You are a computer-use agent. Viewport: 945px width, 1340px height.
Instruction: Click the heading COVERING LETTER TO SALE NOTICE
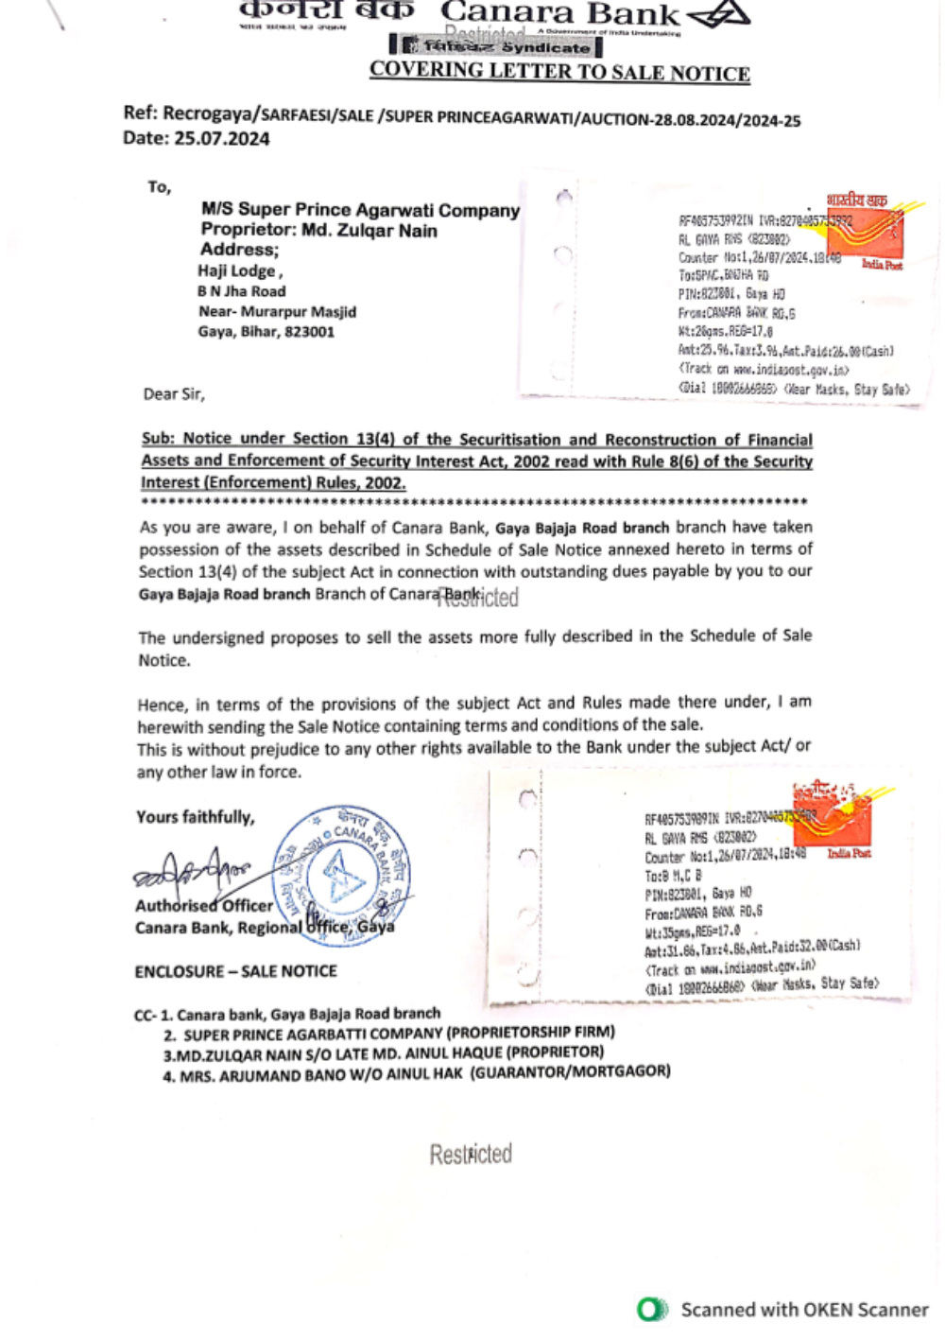(x=559, y=72)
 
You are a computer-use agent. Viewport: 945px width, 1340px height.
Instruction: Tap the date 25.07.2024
(x=221, y=139)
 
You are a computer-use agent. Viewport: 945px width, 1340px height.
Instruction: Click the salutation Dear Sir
(x=174, y=394)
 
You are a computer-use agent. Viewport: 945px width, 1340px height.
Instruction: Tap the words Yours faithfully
(x=196, y=817)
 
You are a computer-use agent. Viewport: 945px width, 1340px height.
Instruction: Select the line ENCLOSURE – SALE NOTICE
(x=235, y=971)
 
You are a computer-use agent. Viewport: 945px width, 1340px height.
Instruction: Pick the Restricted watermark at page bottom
(x=471, y=1154)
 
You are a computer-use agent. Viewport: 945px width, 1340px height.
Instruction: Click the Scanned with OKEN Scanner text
(x=804, y=1310)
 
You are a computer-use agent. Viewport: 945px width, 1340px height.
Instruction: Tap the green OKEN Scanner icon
(x=651, y=1310)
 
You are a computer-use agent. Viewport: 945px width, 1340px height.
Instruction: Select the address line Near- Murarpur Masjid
(x=277, y=312)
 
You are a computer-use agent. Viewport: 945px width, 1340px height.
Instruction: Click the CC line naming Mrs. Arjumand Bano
(x=417, y=1073)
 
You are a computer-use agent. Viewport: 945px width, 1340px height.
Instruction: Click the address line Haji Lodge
(x=240, y=271)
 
